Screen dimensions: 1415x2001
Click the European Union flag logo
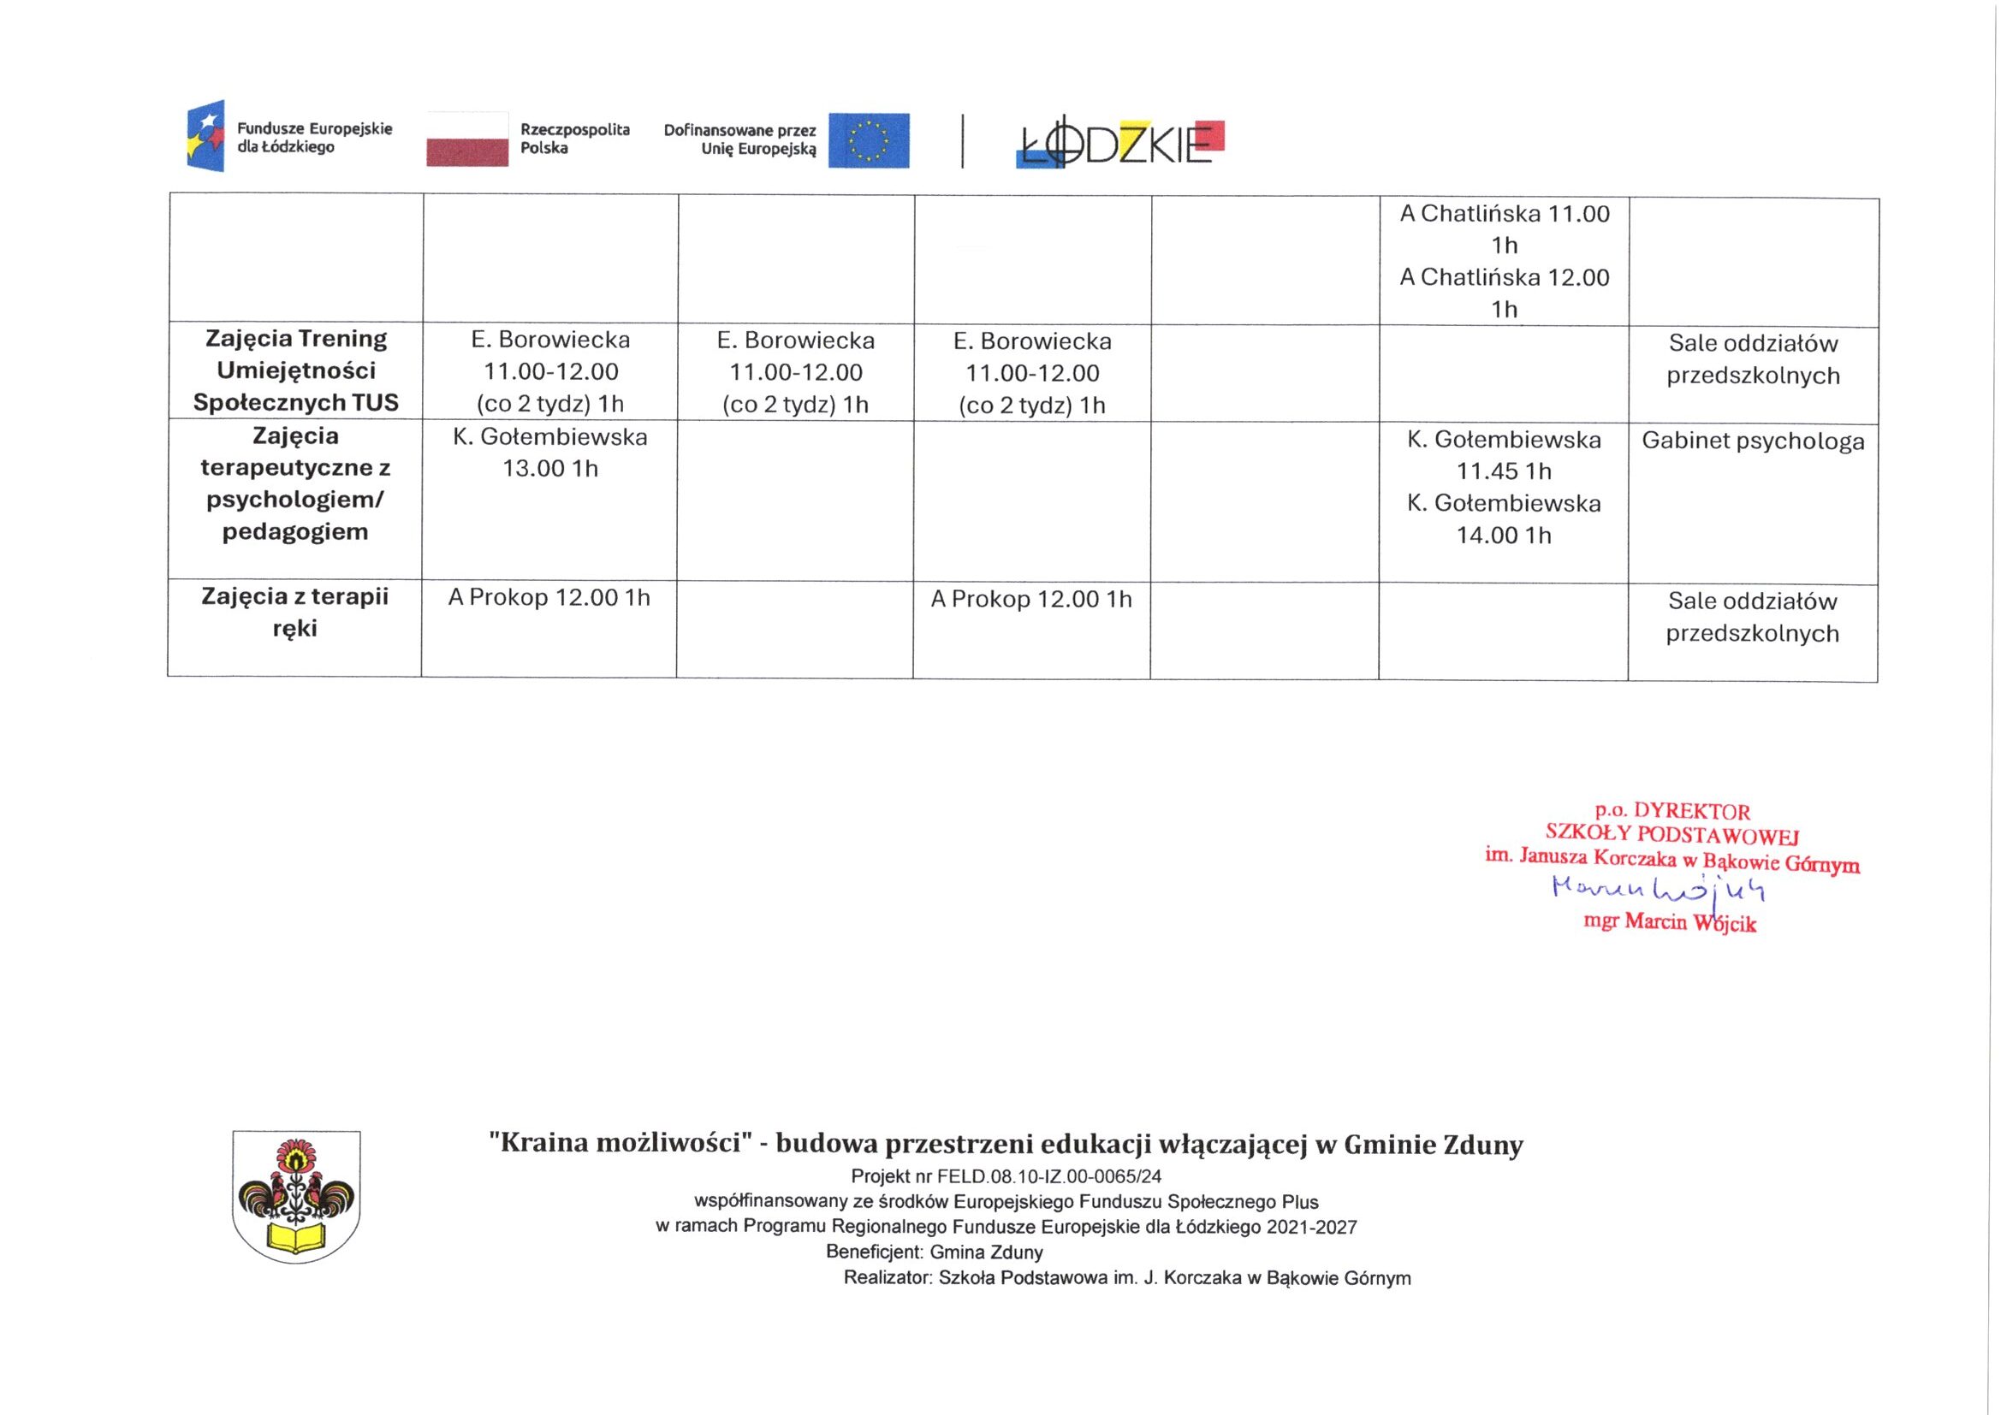click(868, 140)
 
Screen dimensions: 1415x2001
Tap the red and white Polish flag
click(467, 139)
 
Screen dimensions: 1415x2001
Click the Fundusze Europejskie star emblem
click(205, 136)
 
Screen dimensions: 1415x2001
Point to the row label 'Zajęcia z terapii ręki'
click(294, 613)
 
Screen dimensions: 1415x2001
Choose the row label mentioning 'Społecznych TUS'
click(295, 370)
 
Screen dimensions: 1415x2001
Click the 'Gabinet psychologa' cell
click(1753, 441)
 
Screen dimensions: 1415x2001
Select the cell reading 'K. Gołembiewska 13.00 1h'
click(550, 453)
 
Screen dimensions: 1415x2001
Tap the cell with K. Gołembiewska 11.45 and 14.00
click(1504, 487)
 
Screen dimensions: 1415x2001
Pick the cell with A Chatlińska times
click(1505, 262)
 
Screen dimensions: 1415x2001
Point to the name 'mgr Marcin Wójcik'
click(1669, 923)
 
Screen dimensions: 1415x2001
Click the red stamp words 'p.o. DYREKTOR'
click(1671, 811)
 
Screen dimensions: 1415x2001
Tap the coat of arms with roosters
click(296, 1195)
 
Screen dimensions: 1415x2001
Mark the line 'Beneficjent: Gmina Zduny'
click(935, 1252)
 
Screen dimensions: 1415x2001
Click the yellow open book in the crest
click(295, 1237)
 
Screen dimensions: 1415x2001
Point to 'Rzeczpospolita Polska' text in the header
click(574, 139)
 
